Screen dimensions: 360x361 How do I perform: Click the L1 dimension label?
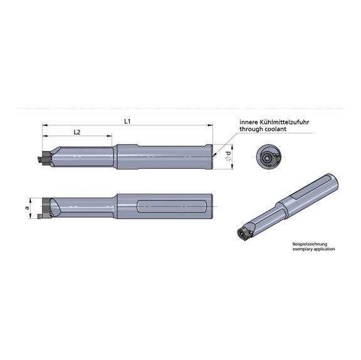point(127,121)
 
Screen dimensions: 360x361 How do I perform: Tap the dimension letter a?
point(26,207)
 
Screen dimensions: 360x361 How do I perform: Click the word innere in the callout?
point(248,123)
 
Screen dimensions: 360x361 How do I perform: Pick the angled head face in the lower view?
point(55,207)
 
